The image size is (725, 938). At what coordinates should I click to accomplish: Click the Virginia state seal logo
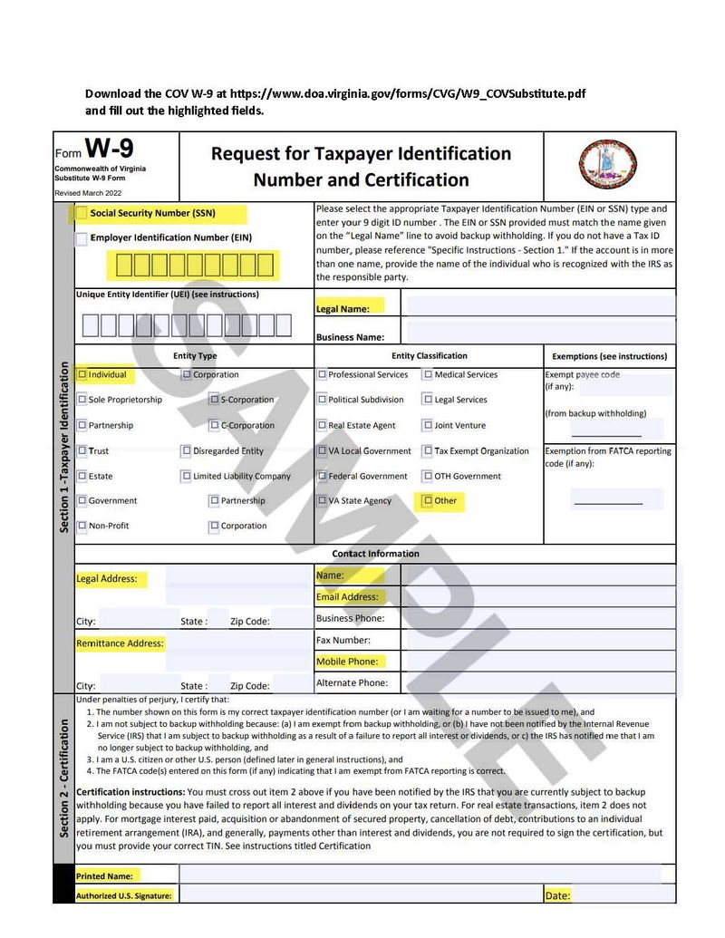click(x=607, y=164)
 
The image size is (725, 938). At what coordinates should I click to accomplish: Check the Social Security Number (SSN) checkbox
click(x=82, y=214)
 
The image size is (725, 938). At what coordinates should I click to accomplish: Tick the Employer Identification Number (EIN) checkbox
click(x=82, y=238)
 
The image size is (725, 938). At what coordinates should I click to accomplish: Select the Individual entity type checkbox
click(x=82, y=374)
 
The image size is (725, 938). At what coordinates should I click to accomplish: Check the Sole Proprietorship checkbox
click(x=82, y=400)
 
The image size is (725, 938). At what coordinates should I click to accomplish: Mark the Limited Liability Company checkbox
click(x=187, y=476)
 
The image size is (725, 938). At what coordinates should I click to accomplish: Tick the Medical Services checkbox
click(x=428, y=374)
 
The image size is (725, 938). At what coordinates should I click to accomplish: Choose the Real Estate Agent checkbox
click(x=322, y=425)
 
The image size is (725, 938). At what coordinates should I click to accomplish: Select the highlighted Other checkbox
click(x=428, y=500)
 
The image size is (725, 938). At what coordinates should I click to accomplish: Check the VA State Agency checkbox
click(x=322, y=500)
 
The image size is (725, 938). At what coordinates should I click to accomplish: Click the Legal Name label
click(x=343, y=309)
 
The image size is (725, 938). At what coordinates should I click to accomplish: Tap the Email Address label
click(x=347, y=597)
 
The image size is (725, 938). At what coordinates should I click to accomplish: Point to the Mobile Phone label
click(x=346, y=662)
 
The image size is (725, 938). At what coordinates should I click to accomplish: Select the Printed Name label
click(x=104, y=875)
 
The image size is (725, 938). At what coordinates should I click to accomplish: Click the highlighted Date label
click(x=557, y=895)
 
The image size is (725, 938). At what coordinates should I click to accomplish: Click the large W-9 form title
click(x=109, y=148)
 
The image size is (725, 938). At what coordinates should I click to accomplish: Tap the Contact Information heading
click(x=375, y=554)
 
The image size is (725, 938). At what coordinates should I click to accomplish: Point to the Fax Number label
click(x=343, y=640)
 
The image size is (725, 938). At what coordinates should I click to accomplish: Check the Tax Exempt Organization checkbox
click(x=428, y=450)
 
